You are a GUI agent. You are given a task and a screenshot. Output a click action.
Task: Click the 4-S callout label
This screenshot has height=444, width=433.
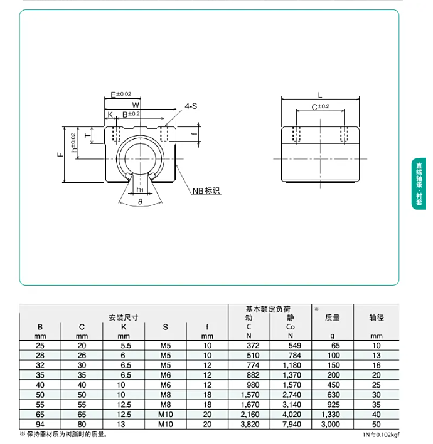click(191, 106)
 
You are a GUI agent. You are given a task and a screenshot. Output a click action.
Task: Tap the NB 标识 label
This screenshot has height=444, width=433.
click(206, 190)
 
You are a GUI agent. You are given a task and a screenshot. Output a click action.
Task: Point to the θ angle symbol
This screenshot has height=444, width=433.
click(140, 202)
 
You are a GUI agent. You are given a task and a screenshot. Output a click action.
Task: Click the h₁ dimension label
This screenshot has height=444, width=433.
click(140, 190)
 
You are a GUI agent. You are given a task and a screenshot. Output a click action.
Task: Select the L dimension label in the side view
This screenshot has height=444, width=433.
click(320, 95)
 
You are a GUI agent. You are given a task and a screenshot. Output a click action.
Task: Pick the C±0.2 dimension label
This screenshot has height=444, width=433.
click(320, 107)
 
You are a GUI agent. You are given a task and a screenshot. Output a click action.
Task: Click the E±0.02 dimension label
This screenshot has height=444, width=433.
click(120, 95)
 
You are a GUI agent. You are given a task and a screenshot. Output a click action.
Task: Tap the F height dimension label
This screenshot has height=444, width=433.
click(60, 155)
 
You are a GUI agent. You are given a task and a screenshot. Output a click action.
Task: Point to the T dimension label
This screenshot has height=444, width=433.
click(88, 135)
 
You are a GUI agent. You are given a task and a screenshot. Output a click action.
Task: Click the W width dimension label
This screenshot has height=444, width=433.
click(136, 105)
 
